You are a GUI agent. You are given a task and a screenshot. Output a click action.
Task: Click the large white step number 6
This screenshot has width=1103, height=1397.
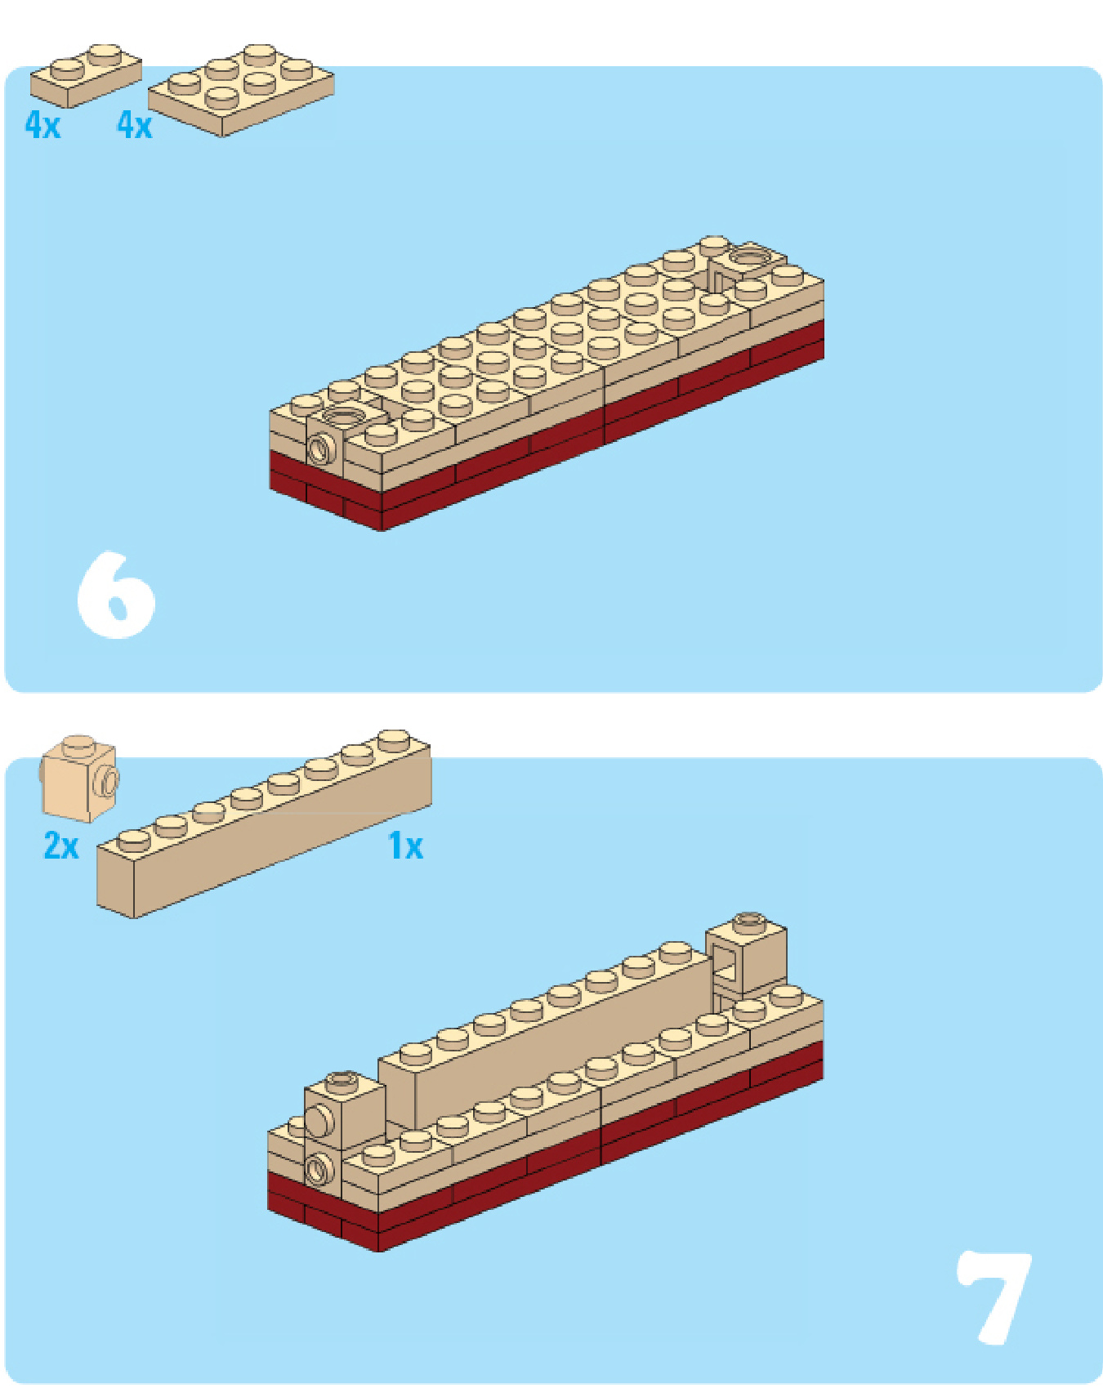[x=115, y=594]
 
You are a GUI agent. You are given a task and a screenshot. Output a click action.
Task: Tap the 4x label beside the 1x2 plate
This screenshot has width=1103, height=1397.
[x=42, y=125]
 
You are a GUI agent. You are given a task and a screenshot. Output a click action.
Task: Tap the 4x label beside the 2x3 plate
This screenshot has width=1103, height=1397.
[x=134, y=125]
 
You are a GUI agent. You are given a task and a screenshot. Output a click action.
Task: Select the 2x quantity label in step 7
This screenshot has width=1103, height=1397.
[x=61, y=846]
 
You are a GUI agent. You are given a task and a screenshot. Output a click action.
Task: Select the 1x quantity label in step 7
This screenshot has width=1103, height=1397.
[x=406, y=846]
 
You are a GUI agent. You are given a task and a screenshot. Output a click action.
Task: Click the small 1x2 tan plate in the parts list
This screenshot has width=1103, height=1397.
[x=86, y=75]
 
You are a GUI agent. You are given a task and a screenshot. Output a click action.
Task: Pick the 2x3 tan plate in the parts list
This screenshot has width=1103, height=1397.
[x=241, y=90]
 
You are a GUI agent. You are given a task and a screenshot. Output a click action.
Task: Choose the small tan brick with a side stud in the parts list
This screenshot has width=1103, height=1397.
[x=79, y=778]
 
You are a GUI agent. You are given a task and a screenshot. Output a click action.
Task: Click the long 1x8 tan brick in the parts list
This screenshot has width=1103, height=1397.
[x=264, y=825]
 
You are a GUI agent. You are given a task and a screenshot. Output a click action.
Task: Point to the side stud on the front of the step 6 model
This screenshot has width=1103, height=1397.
[x=322, y=449]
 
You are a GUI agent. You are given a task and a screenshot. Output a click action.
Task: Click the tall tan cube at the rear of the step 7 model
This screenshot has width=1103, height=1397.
[x=746, y=956]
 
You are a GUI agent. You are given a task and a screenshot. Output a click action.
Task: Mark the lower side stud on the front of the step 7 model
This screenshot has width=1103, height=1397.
[x=319, y=1169]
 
